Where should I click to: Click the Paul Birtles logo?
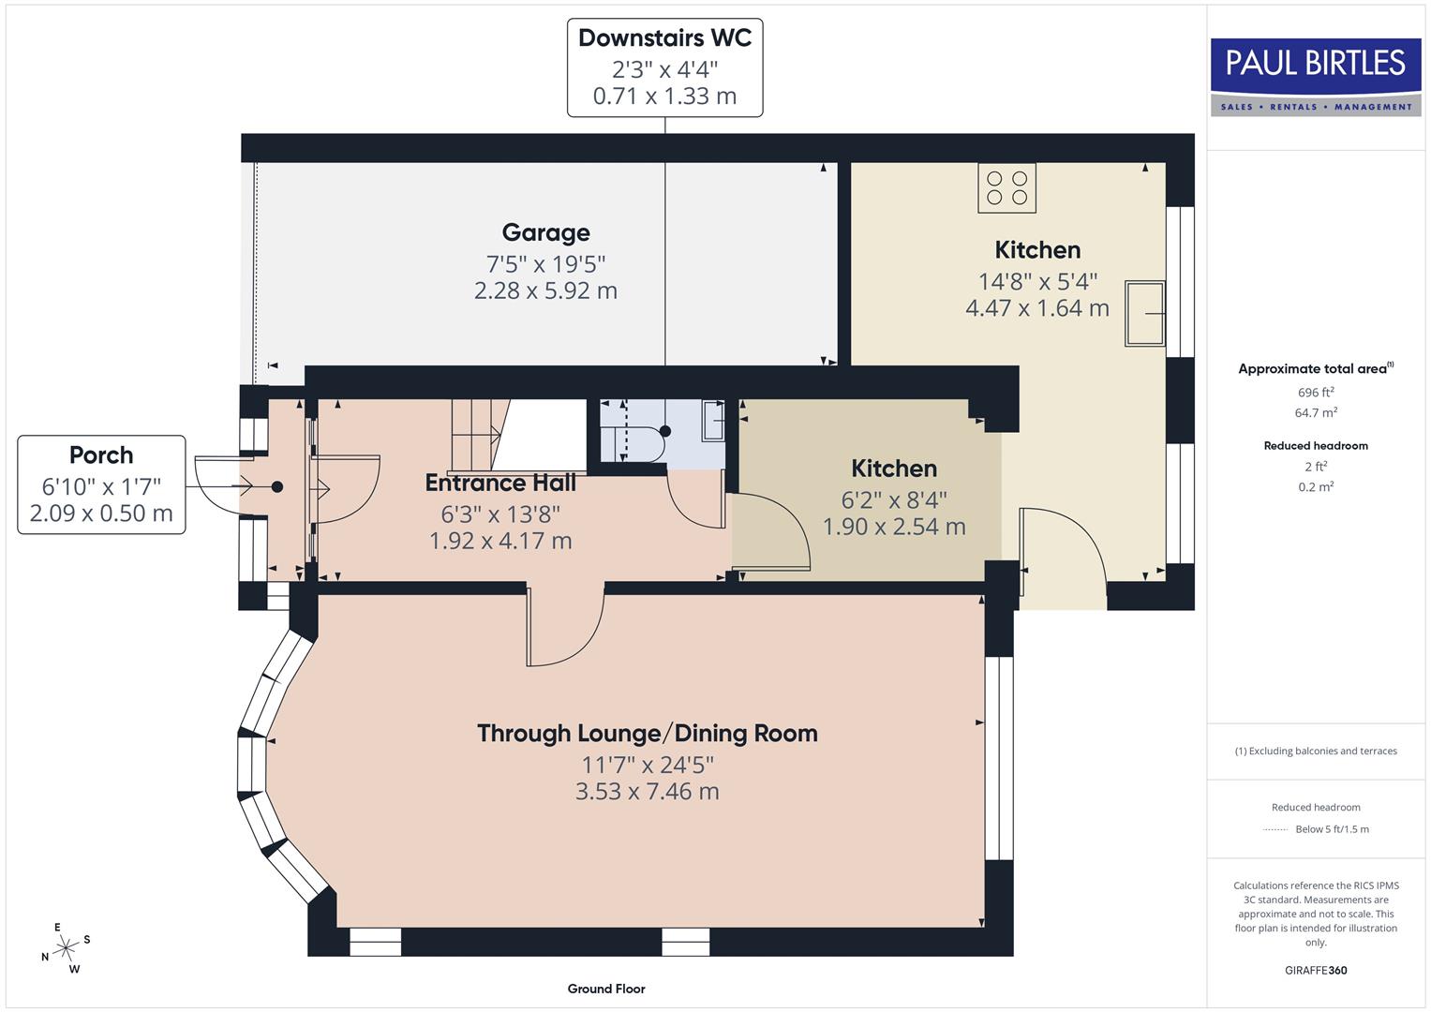(x=1315, y=77)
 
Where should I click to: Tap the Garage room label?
(x=545, y=232)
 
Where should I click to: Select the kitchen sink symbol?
(x=1145, y=313)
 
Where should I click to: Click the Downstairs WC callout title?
(x=664, y=38)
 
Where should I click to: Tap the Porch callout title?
(x=101, y=455)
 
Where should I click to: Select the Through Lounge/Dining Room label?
(x=647, y=733)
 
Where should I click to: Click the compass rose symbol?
(x=65, y=948)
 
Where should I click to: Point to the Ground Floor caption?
(x=605, y=989)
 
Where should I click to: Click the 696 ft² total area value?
(x=1315, y=393)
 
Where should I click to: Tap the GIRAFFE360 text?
(x=1315, y=970)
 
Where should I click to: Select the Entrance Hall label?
(x=500, y=484)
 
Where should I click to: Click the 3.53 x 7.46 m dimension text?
(x=647, y=792)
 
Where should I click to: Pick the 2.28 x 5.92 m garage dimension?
(x=545, y=291)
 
